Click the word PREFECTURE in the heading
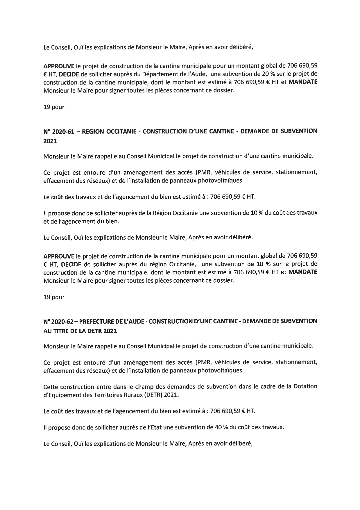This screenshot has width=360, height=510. pos(98,322)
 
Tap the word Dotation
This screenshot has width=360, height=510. pos(305,387)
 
